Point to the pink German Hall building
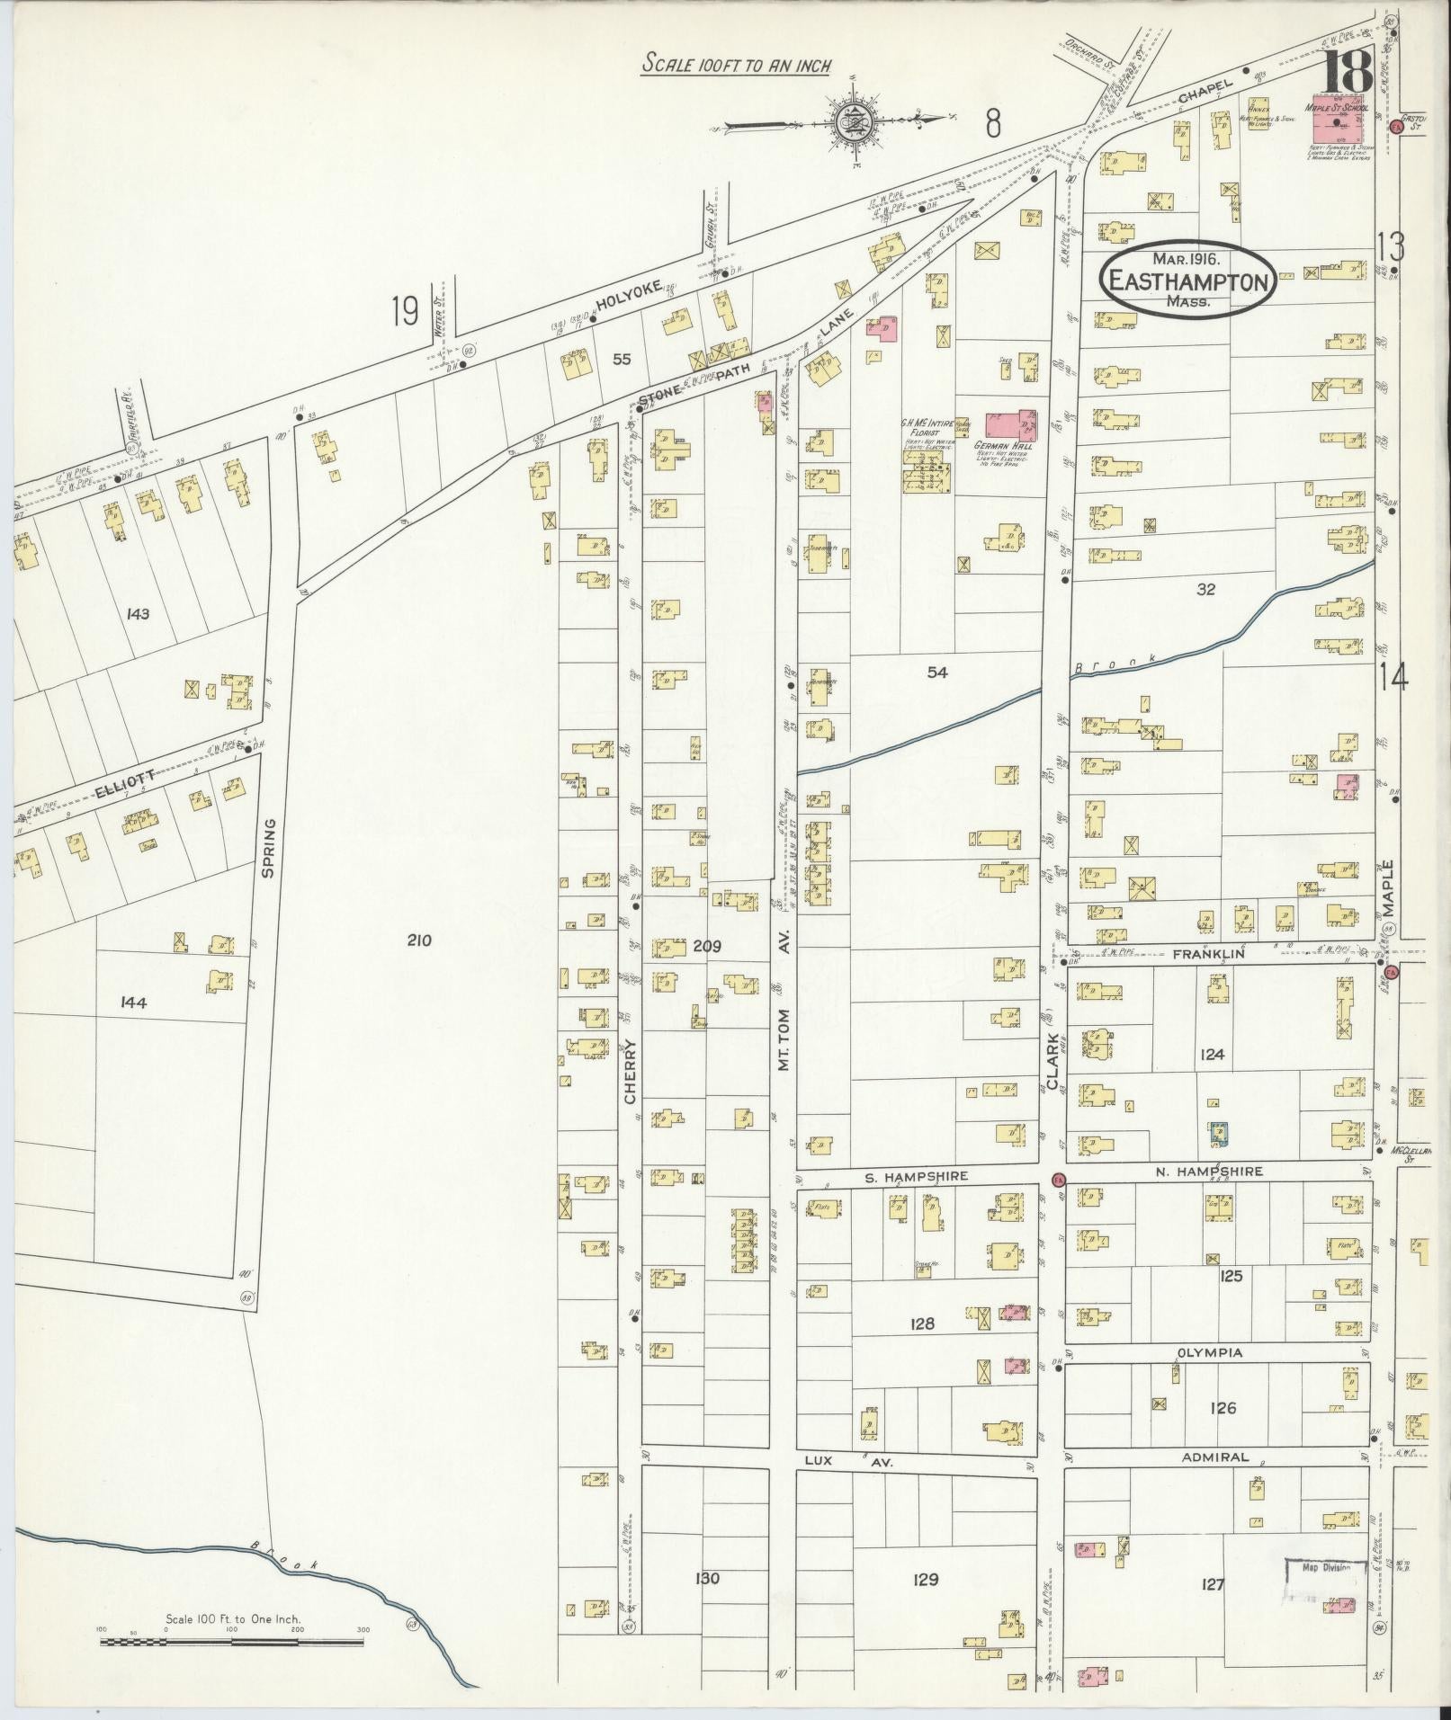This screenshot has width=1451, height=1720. click(1009, 424)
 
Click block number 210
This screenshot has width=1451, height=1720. click(419, 940)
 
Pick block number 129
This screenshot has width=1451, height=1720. click(925, 1580)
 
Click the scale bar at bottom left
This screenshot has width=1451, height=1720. click(232, 1642)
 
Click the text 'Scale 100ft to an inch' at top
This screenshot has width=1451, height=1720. click(735, 66)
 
